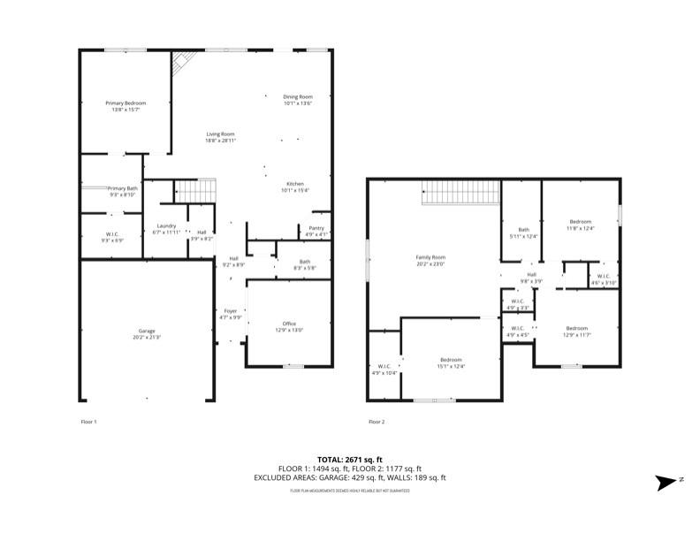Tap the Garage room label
(146, 333)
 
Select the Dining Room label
(298, 99)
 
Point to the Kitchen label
(294, 187)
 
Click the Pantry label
(316, 231)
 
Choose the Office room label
(289, 326)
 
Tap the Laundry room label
(166, 228)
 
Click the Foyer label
(230, 314)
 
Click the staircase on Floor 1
(194, 190)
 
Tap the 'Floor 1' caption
(88, 422)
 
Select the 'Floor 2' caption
(377, 422)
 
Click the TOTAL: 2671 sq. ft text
(350, 460)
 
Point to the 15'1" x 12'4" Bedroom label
(451, 362)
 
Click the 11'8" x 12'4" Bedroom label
(580, 225)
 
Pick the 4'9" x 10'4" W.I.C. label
(384, 370)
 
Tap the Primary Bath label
(123, 191)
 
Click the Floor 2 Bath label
(524, 232)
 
